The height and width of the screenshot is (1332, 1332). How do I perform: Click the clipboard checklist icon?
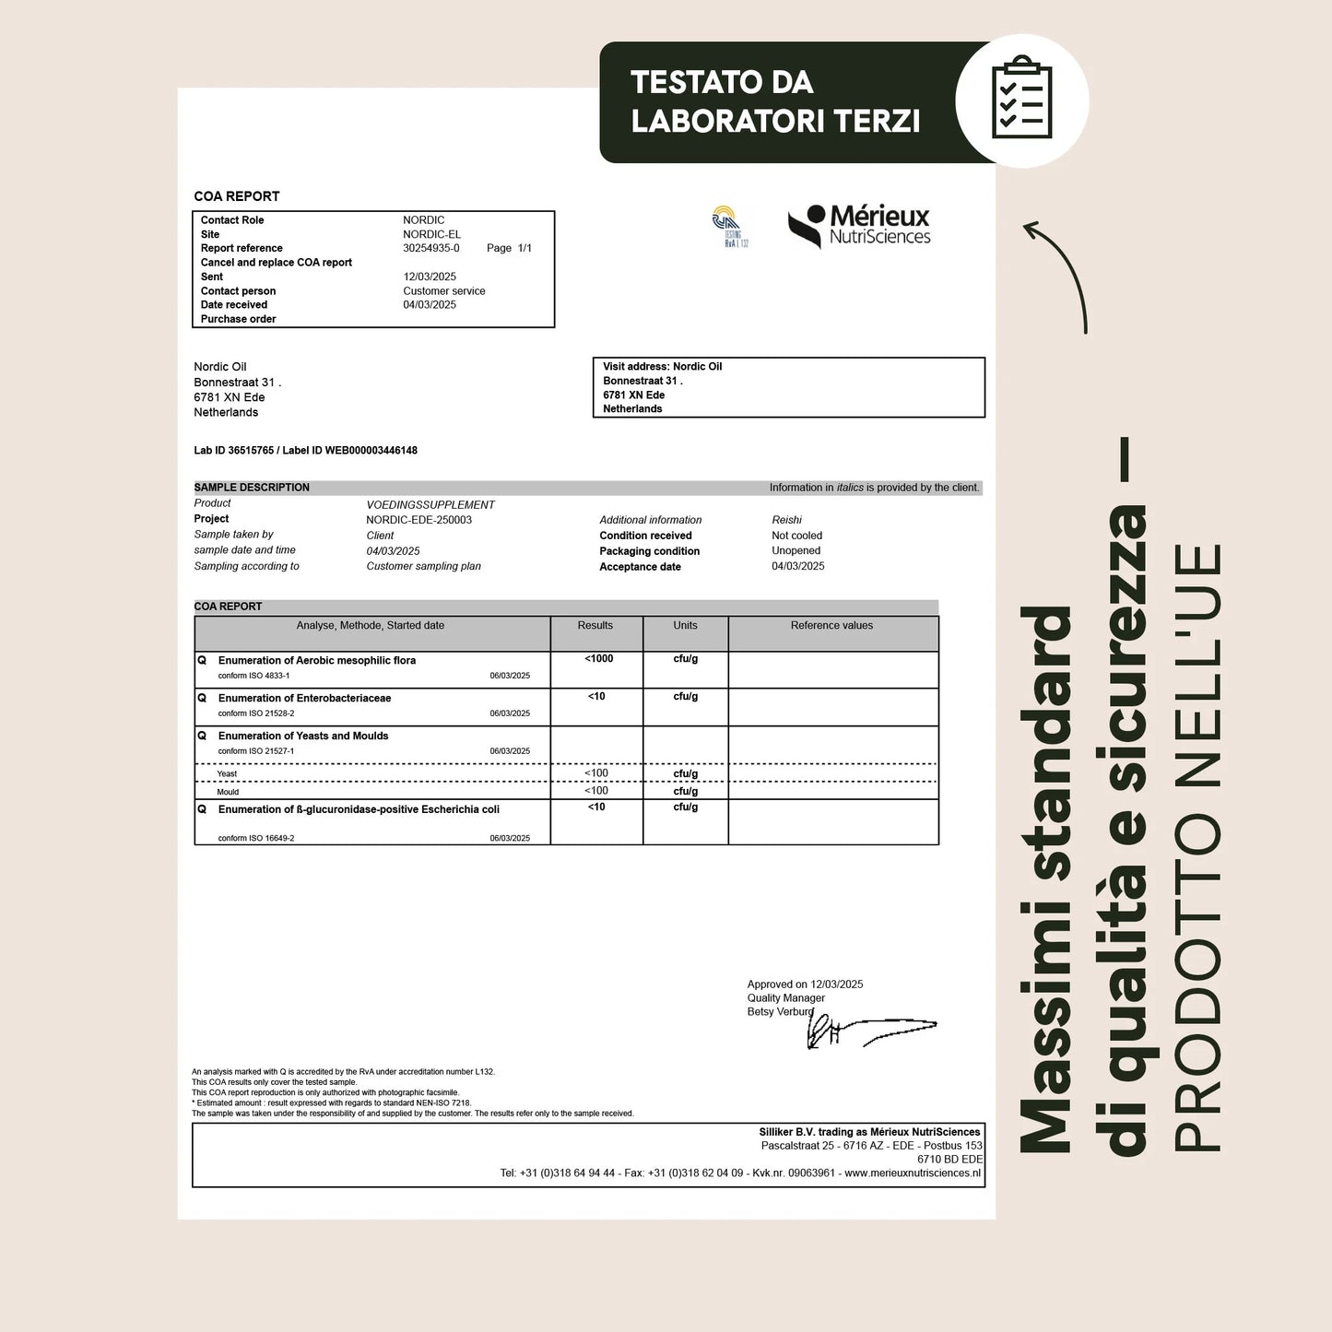click(1021, 99)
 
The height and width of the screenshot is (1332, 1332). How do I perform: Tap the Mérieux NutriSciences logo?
click(859, 226)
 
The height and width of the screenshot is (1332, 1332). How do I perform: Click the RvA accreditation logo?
click(728, 227)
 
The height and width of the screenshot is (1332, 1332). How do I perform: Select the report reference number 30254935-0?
click(430, 248)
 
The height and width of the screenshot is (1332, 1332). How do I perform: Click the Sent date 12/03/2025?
click(430, 277)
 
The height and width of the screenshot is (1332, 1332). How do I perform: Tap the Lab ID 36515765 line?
click(305, 451)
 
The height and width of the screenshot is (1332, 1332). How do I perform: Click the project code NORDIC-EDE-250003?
click(418, 520)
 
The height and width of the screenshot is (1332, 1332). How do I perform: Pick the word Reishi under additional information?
click(786, 520)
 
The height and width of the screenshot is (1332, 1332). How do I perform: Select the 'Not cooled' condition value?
click(796, 536)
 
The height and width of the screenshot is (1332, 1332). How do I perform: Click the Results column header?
click(595, 626)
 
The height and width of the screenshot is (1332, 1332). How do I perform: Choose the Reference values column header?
click(831, 626)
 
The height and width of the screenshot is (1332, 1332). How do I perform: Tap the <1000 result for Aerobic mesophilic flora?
click(598, 659)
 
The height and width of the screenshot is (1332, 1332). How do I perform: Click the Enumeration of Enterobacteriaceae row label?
click(304, 699)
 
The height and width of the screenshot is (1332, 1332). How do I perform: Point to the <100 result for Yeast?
click(596, 773)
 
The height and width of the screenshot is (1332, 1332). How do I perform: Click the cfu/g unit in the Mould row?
click(685, 791)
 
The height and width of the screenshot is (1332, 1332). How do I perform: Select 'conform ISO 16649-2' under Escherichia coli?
click(256, 839)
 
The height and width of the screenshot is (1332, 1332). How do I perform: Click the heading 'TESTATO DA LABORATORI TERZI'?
click(775, 101)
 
